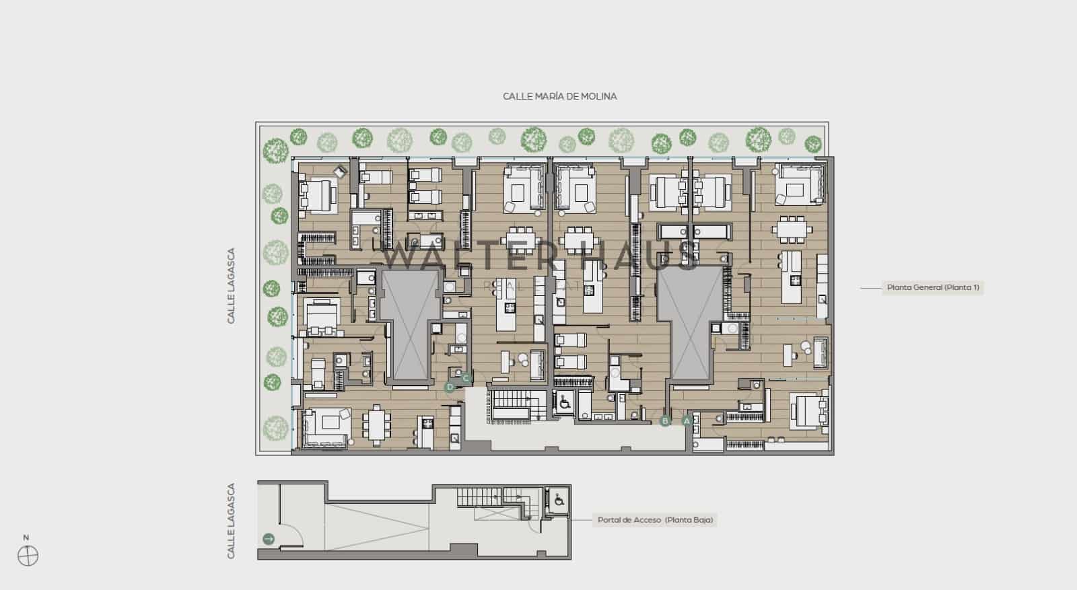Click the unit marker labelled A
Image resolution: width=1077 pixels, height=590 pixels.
click(687, 420)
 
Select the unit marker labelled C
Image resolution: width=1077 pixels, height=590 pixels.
click(465, 378)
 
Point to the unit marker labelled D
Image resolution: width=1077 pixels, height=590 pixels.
click(450, 387)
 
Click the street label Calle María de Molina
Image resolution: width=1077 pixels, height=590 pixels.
click(559, 96)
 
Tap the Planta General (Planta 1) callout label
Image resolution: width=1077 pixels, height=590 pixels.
click(932, 287)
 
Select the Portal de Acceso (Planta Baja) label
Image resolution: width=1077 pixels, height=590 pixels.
click(654, 520)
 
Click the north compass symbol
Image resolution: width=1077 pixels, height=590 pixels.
click(28, 556)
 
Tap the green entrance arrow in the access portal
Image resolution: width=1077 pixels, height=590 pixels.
click(269, 538)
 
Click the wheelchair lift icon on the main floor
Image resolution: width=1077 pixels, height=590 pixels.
click(564, 402)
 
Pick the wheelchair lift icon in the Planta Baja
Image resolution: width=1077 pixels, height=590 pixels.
click(558, 501)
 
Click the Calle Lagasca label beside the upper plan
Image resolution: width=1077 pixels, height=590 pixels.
click(231, 286)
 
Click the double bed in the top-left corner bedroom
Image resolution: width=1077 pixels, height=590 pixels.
click(318, 195)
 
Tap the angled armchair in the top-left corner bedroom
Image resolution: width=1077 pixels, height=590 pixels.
click(340, 172)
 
